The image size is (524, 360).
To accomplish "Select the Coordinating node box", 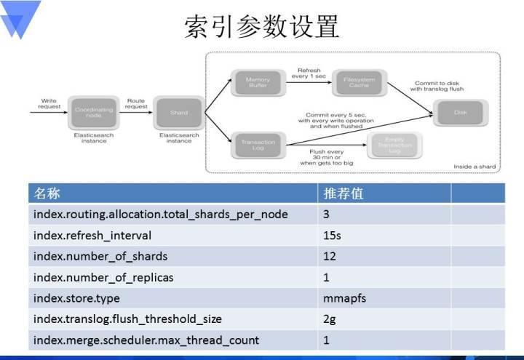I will [x=94, y=113].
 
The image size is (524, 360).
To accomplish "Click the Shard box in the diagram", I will [x=179, y=113].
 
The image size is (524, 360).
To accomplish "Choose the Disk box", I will [x=461, y=113].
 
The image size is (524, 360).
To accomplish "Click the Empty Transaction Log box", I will [x=394, y=143].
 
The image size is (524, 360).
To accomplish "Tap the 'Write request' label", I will [x=49, y=104].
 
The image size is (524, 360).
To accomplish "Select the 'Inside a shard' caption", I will [x=475, y=167].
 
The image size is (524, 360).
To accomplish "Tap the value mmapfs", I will [x=344, y=298].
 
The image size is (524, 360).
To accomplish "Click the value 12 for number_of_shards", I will [x=330, y=256].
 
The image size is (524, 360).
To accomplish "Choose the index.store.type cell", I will [x=76, y=298].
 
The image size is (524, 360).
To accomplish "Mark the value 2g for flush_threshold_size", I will [x=330, y=319].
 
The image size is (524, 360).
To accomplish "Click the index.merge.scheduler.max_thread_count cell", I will [x=146, y=340].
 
